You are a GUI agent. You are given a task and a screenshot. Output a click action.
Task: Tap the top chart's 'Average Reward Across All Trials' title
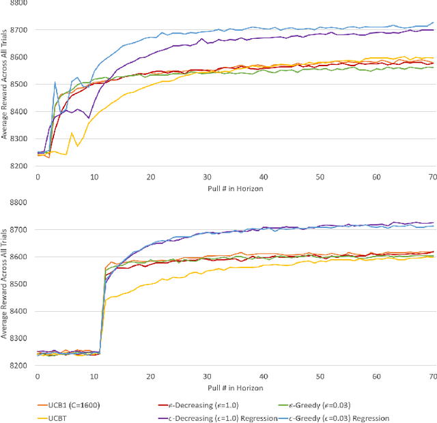click(5, 83)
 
